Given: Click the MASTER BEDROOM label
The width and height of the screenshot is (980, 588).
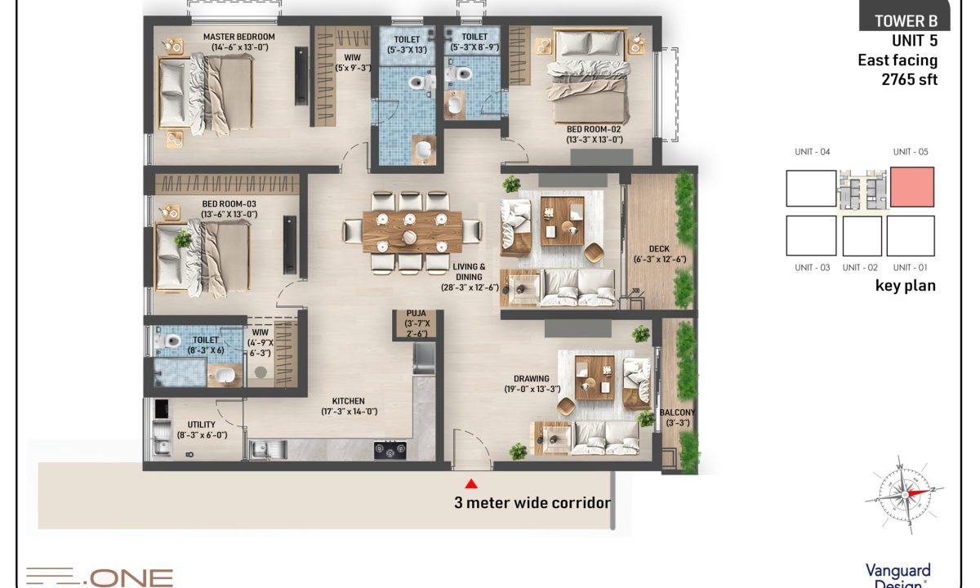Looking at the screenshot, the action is (x=238, y=37).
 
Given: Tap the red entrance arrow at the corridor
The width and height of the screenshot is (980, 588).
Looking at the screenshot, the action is (x=471, y=483).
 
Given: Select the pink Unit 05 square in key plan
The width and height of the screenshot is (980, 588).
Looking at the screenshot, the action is (x=912, y=187).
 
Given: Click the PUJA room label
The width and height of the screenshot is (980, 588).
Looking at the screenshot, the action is (x=416, y=314).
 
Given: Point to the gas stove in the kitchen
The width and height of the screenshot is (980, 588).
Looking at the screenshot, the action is (x=390, y=450).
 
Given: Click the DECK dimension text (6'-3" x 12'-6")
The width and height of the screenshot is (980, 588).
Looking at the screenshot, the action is (x=660, y=260).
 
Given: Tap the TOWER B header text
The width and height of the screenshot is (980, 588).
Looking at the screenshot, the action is (x=906, y=21).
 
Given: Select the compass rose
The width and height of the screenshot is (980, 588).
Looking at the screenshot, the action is (x=904, y=495).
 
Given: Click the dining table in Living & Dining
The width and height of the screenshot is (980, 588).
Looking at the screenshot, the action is (x=412, y=232).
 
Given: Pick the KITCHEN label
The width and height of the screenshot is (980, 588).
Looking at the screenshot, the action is (x=348, y=401).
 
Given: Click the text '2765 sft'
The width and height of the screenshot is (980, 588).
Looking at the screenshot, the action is (x=910, y=80).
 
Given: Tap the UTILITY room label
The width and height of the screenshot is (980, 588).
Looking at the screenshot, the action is (x=201, y=425).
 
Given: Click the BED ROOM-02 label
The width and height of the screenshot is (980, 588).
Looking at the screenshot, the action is (x=594, y=130).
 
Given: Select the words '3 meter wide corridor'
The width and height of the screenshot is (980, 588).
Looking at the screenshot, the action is (x=532, y=503).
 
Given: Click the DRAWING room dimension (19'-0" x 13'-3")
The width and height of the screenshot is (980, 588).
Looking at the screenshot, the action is (x=532, y=389).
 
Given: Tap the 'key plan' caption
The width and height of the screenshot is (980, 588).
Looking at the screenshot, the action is (x=905, y=286).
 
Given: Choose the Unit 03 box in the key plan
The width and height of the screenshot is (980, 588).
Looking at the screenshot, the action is (x=811, y=236).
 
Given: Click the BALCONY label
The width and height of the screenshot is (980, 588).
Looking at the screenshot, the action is (x=677, y=412).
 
